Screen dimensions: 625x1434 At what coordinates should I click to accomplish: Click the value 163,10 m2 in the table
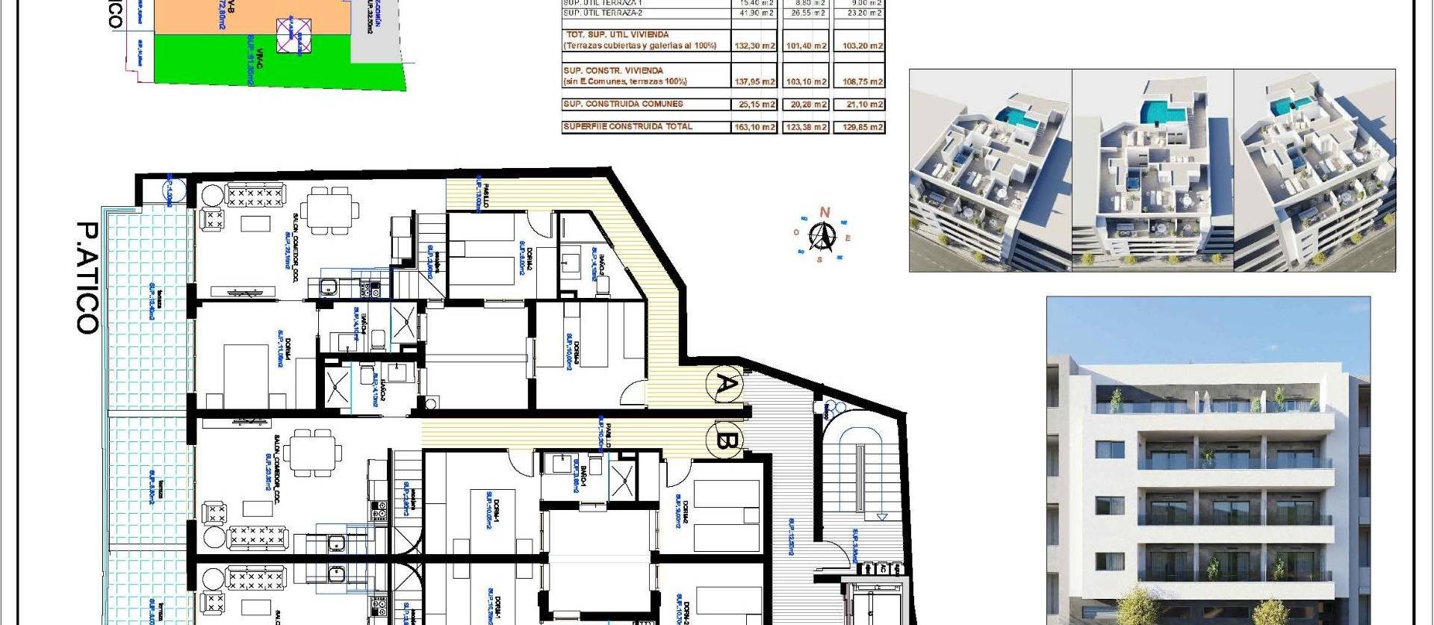[757, 127]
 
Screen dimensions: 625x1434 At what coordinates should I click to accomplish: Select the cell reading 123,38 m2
[807, 127]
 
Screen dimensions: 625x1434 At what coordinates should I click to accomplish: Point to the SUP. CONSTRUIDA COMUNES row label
[623, 104]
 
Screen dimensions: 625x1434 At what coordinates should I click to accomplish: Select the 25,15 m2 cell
[757, 105]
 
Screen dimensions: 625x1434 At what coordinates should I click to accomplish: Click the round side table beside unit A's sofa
[211, 196]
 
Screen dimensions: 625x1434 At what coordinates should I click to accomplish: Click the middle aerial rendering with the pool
[1152, 170]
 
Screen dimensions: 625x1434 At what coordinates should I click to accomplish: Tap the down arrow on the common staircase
[882, 516]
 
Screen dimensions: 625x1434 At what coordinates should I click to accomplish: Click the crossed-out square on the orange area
[294, 35]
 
